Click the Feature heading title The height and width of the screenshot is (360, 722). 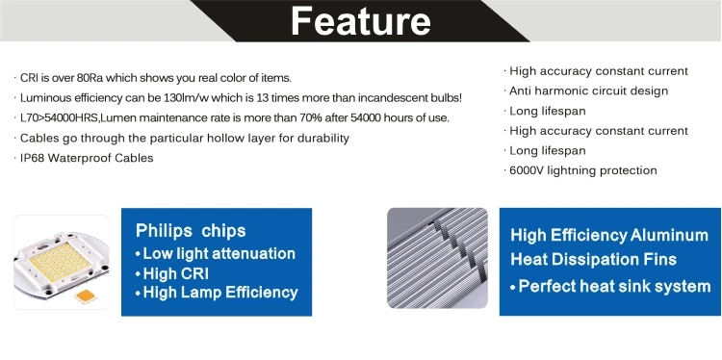(x=361, y=21)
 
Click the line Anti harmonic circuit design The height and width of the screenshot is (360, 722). (x=588, y=90)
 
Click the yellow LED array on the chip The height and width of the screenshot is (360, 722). (x=60, y=262)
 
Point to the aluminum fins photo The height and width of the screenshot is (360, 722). (x=437, y=258)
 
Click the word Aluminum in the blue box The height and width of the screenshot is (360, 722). (x=669, y=235)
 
